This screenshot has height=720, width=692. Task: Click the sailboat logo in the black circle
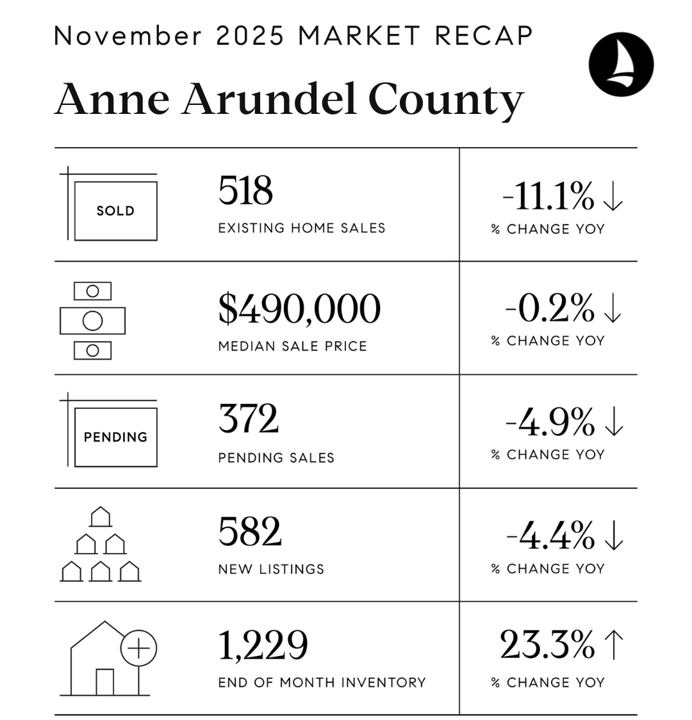[621, 64]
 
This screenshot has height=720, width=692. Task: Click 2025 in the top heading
[250, 36]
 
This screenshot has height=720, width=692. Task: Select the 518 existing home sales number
[245, 191]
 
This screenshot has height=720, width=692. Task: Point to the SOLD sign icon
[115, 211]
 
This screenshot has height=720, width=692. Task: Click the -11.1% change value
[548, 196]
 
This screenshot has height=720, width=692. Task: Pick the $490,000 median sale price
[299, 308]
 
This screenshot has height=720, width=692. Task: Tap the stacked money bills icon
[92, 321]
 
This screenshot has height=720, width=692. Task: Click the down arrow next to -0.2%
[613, 309]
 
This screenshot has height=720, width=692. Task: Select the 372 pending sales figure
[249, 419]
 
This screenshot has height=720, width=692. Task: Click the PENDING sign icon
[115, 437]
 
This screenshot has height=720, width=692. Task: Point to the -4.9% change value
[550, 422]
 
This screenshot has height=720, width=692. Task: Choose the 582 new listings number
[250, 532]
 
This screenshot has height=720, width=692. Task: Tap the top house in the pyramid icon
[101, 516]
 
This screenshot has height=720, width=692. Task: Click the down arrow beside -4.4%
[613, 536]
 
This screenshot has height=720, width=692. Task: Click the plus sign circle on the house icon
[139, 648]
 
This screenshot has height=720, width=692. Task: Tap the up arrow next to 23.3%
[613, 644]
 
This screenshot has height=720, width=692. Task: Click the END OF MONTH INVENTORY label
[322, 682]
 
